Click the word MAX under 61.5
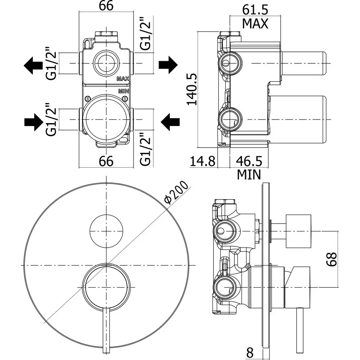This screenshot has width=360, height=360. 255,24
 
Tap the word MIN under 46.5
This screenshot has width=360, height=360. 249,175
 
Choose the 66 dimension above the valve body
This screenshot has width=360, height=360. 106,6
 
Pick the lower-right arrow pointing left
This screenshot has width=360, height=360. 170,122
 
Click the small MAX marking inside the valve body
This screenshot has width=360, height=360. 122,78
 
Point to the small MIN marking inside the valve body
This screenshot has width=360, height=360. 123,91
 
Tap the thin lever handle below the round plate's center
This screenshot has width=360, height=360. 107,331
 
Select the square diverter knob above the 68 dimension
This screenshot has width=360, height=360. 298,232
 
